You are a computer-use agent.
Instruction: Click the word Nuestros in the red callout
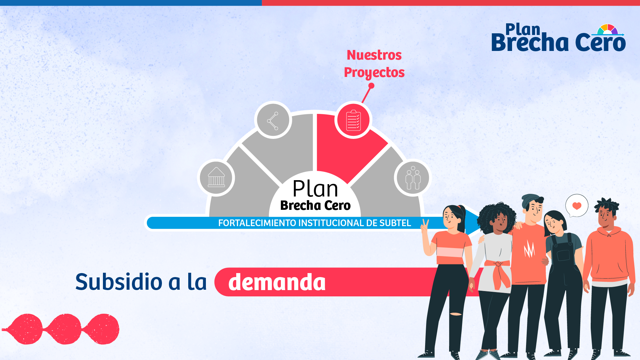tap(374, 55)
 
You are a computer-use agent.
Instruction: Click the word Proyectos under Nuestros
tap(374, 73)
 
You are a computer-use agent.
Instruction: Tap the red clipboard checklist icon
tap(353, 120)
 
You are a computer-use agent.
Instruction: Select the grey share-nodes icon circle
tap(273, 120)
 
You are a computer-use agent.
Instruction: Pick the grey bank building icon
tap(216, 178)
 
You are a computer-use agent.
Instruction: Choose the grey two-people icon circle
tap(413, 178)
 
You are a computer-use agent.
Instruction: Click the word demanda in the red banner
tap(277, 282)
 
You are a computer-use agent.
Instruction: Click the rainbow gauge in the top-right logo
tap(607, 29)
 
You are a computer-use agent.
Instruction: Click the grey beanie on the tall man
tap(530, 201)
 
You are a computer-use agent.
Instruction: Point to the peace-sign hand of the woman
tap(424, 227)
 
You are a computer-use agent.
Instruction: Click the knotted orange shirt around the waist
tap(497, 272)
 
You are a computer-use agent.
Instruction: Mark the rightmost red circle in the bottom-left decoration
tap(103, 329)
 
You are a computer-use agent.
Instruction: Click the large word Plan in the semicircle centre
tap(315, 189)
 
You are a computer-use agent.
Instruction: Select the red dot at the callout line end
tap(371, 86)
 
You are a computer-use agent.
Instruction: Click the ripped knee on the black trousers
tap(455, 314)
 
